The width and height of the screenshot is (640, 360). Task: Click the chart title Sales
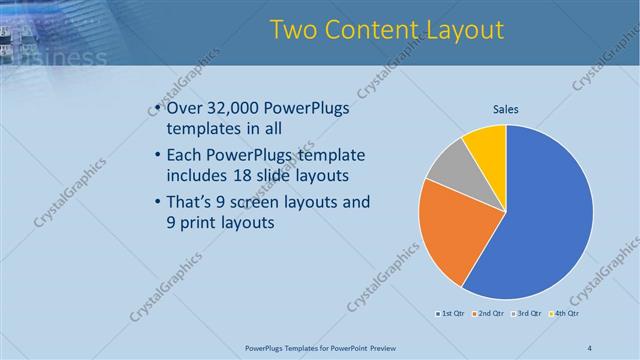(x=506, y=109)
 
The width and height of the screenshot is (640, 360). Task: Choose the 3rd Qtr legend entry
(x=527, y=314)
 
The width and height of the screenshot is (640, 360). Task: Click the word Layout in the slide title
(x=461, y=30)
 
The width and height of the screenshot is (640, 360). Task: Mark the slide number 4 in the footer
(x=589, y=348)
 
